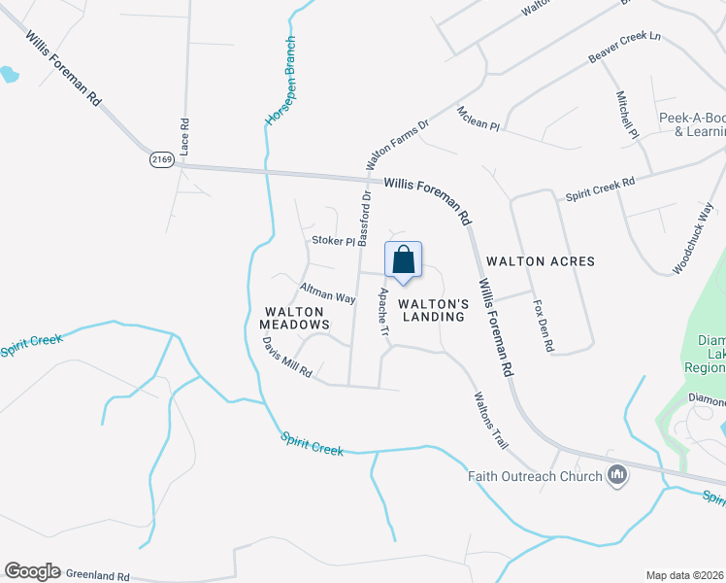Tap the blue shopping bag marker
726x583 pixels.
click(x=404, y=261)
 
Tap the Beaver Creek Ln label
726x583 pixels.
click(x=624, y=49)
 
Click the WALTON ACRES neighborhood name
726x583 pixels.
click(x=541, y=261)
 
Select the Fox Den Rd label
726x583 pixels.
click(x=544, y=326)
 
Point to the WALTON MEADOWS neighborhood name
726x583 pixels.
click(x=296, y=318)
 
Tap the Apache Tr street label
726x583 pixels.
click(x=384, y=313)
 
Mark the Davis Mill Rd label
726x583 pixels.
click(x=287, y=358)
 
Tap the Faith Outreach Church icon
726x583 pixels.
click(x=616, y=475)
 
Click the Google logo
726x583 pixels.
click(x=32, y=571)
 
